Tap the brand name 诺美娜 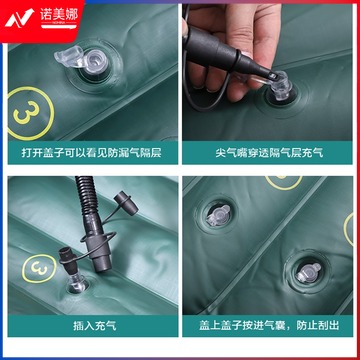pos(59,15)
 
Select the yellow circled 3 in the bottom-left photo pos(39,268)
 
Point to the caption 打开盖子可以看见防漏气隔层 pos(92,153)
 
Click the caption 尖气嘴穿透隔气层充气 pos(269,153)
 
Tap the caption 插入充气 pos(95,325)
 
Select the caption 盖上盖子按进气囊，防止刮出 pos(269,325)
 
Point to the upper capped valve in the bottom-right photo pos(218,215)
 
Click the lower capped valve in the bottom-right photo pos(307,273)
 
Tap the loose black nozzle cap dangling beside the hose pos(126,203)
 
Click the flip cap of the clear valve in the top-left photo pos(68,55)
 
